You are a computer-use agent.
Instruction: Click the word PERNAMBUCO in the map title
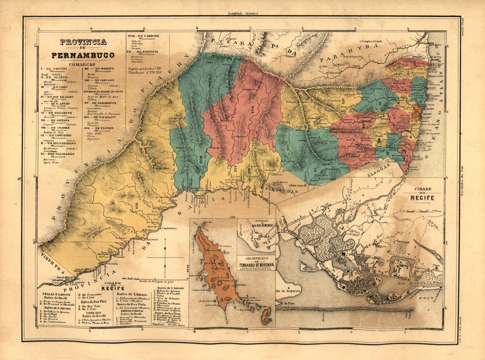tap(83, 56)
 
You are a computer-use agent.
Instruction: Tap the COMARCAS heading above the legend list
tap(82, 64)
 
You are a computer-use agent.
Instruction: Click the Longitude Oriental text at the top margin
tap(242, 14)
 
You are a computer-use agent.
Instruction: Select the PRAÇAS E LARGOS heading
tap(57, 293)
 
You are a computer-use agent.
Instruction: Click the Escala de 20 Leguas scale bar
tap(154, 279)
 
